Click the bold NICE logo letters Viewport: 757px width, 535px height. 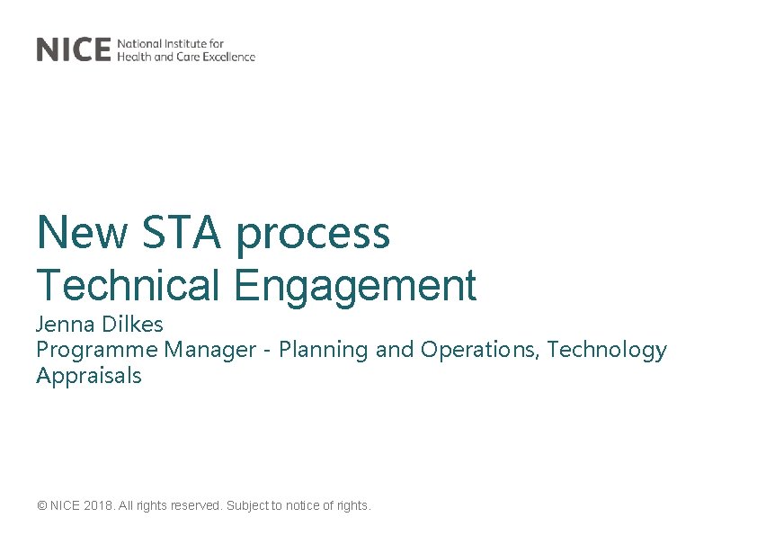pyautogui.click(x=74, y=49)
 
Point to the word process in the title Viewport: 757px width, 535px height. pyautogui.click(x=313, y=234)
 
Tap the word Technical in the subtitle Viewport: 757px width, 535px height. pyautogui.click(x=128, y=285)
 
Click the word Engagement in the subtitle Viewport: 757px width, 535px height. pyautogui.click(x=355, y=287)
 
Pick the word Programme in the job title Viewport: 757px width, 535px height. pyautogui.click(x=94, y=351)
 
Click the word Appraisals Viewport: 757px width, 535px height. pyautogui.click(x=89, y=376)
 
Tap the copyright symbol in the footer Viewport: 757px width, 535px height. pyautogui.click(x=42, y=506)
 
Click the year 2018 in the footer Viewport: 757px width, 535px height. pyautogui.click(x=98, y=506)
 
